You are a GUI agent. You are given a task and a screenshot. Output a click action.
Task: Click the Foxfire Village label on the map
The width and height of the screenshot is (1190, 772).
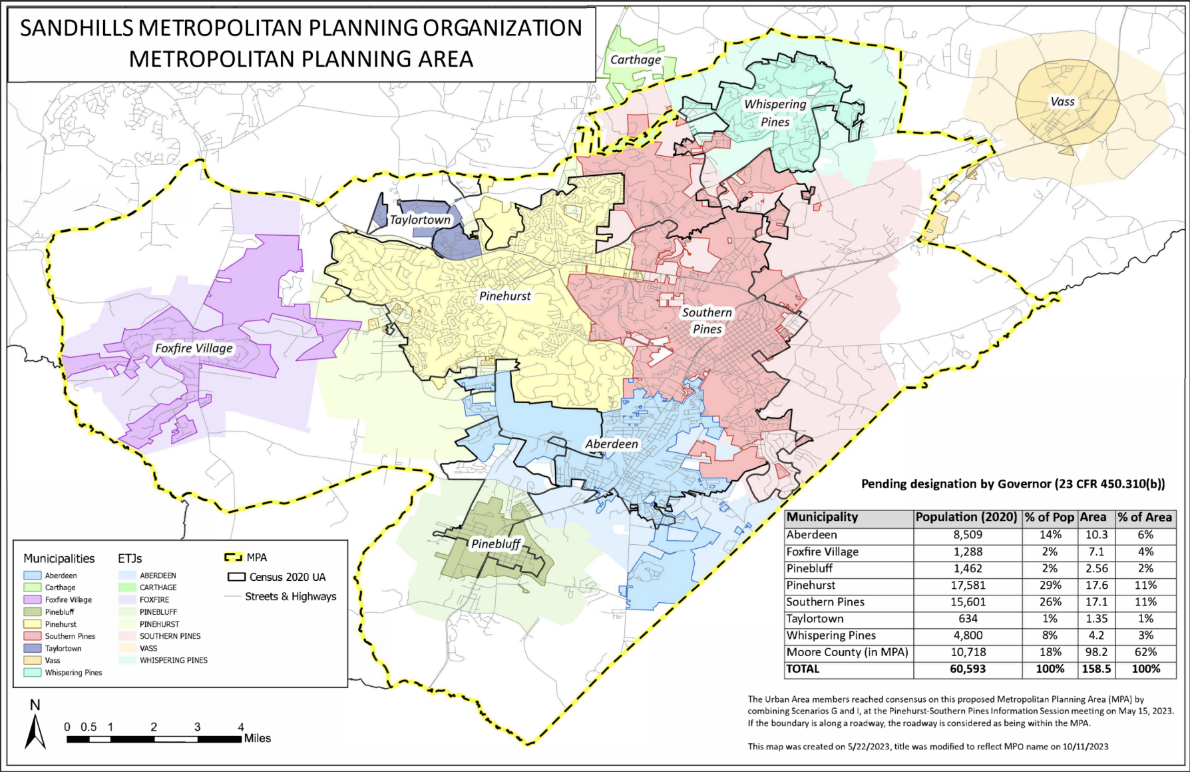pyautogui.click(x=194, y=348)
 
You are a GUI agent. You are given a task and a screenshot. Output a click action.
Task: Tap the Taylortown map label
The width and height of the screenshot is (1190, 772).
pyautogui.click(x=420, y=220)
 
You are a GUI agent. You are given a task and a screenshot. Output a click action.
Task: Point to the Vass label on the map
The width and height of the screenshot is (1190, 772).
pyautogui.click(x=1062, y=102)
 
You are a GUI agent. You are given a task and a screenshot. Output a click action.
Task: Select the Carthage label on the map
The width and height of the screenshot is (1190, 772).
pyautogui.click(x=636, y=59)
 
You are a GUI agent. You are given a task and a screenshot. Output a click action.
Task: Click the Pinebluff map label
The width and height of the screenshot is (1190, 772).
pyautogui.click(x=496, y=544)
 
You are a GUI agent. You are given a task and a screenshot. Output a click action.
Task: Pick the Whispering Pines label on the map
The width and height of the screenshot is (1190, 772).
pyautogui.click(x=775, y=113)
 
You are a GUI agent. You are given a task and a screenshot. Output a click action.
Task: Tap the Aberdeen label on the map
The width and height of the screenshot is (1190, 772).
pyautogui.click(x=612, y=444)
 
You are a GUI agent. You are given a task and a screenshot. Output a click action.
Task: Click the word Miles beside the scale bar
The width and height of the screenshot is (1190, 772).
pyautogui.click(x=258, y=738)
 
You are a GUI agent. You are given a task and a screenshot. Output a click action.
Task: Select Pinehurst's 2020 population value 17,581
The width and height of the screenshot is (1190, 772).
pyautogui.click(x=967, y=585)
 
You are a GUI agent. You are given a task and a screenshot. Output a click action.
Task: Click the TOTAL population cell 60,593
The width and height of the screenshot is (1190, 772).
pyautogui.click(x=967, y=669)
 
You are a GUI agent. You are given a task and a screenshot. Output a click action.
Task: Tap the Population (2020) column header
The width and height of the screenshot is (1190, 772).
pyautogui.click(x=966, y=517)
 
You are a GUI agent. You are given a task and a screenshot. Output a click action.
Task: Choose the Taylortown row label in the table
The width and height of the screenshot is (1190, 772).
pyautogui.click(x=815, y=618)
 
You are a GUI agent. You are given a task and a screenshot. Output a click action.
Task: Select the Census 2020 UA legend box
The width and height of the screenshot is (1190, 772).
pyautogui.click(x=236, y=577)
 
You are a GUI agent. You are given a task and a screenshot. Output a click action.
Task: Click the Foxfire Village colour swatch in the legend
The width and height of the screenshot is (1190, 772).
pyautogui.click(x=33, y=599)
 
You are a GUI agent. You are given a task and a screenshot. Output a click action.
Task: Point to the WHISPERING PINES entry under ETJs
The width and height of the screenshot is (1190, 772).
pyautogui.click(x=173, y=660)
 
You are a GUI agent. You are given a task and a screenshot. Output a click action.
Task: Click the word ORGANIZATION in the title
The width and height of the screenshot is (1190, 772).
pyautogui.click(x=500, y=28)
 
